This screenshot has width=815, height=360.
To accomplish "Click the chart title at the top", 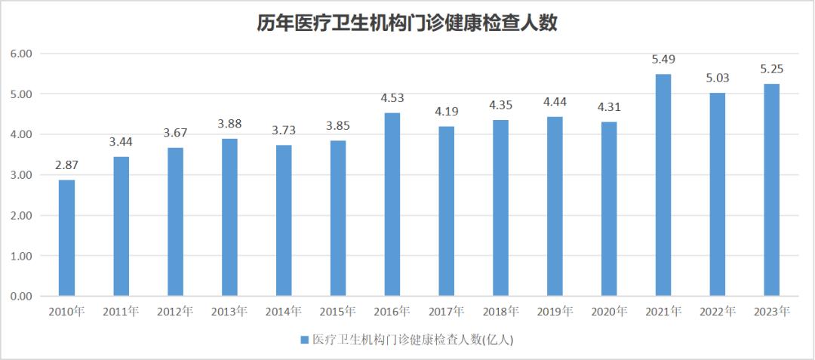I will (407, 24).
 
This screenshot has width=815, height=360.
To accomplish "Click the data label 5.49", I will (663, 60).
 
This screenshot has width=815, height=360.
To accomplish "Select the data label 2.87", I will (66, 165).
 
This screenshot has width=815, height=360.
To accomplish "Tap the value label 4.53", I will (392, 98).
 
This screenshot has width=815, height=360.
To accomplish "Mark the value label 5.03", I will (717, 78).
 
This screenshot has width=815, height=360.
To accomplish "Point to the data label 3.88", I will (229, 124).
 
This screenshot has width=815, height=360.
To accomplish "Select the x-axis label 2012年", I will (175, 311).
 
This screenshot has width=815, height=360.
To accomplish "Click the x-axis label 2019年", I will (555, 311).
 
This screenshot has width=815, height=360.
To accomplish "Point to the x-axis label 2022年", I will (717, 311).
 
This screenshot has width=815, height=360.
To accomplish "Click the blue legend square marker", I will (305, 340).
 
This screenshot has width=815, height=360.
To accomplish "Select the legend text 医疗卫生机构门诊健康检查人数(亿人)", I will (413, 340).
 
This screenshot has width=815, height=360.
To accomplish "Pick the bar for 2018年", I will (500, 208).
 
